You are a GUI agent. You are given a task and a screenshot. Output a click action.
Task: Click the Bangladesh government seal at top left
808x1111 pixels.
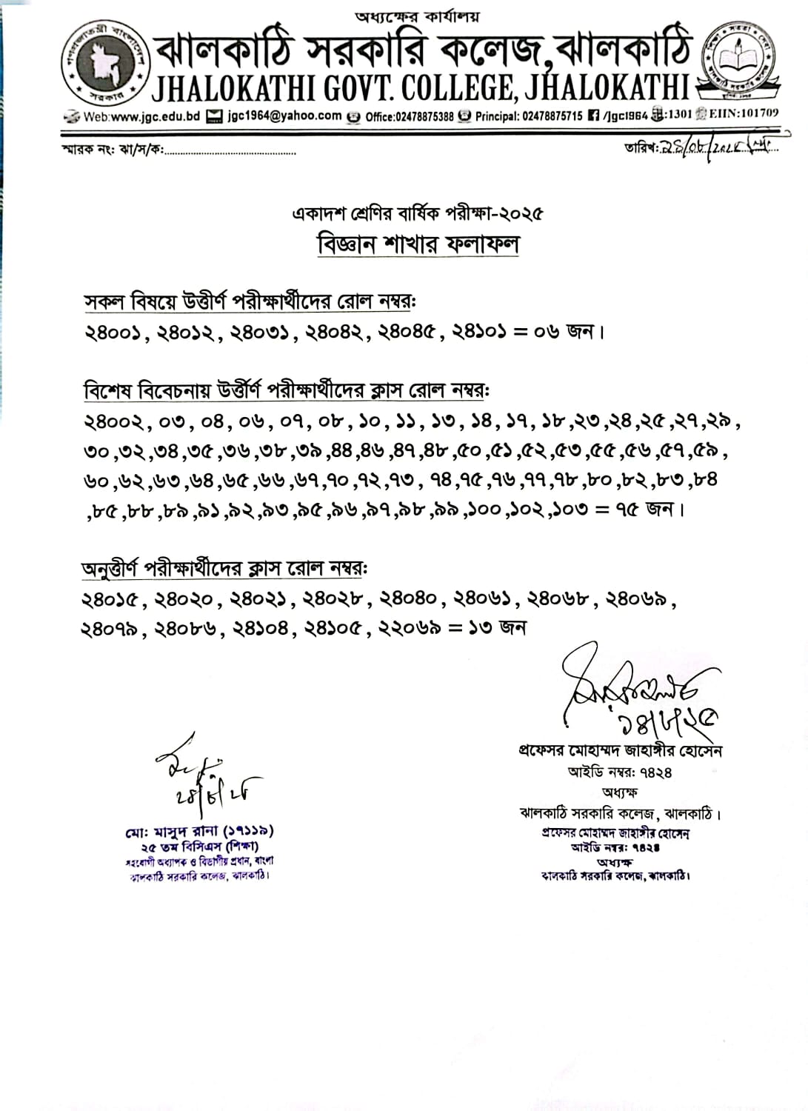[x=104, y=64]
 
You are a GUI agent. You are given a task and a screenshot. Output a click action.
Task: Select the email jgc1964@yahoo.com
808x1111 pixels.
[x=284, y=116]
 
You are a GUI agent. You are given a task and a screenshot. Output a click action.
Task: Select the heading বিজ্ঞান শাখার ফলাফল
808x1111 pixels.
[x=418, y=244]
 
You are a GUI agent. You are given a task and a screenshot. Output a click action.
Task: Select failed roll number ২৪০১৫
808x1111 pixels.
[x=110, y=599]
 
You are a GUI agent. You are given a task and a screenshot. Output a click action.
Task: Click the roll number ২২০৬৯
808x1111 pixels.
[x=410, y=628]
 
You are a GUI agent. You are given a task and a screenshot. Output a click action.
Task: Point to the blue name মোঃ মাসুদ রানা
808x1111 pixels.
[x=199, y=832]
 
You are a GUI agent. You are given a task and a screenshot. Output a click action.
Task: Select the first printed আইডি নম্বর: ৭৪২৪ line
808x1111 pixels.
[x=620, y=772]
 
